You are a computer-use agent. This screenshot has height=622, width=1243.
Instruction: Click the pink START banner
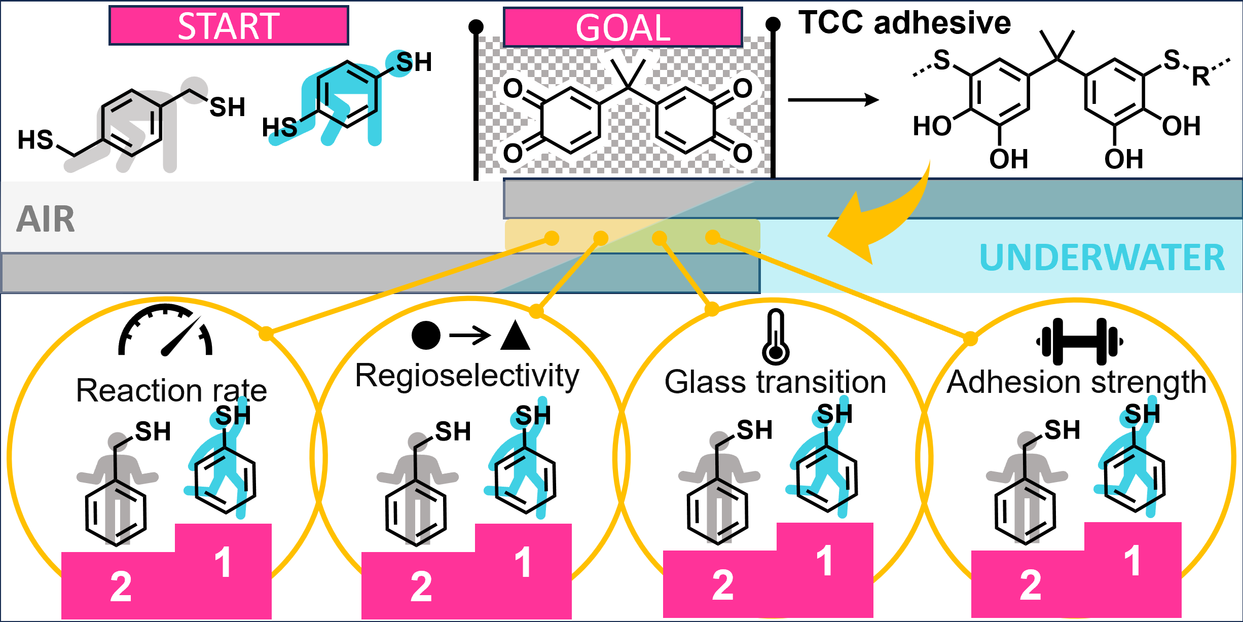(x=229, y=26)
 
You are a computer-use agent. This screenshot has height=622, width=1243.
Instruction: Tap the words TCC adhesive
(x=904, y=23)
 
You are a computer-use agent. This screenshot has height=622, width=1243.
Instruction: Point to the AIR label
(x=46, y=219)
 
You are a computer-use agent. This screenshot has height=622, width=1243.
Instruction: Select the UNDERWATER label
(x=1102, y=258)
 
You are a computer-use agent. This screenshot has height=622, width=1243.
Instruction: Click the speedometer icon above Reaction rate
(x=165, y=330)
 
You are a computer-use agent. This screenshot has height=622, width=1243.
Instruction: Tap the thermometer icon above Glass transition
(x=776, y=337)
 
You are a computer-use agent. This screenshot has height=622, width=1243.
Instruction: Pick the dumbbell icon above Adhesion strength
(x=1080, y=342)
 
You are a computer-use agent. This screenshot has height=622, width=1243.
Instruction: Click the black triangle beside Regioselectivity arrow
(x=515, y=336)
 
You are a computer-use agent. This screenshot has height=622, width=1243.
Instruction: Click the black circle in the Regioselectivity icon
(x=426, y=336)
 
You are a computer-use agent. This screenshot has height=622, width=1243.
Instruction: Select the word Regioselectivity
(x=467, y=376)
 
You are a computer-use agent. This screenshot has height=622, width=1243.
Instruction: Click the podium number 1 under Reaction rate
(x=223, y=562)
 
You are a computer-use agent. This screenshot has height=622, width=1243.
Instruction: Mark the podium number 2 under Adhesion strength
(x=1031, y=586)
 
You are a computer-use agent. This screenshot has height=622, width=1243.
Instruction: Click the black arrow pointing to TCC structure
(x=833, y=100)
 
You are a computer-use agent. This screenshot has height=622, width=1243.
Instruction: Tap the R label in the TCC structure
(x=1200, y=77)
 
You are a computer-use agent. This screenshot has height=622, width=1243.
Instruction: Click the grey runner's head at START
(x=194, y=90)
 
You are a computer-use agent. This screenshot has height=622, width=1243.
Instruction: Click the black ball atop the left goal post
(x=476, y=26)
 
